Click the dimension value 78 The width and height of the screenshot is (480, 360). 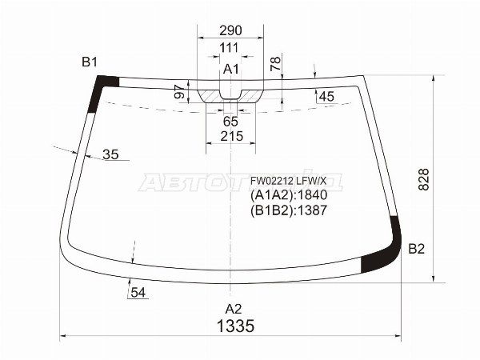[275, 65]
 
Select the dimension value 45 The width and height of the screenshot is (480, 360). [326, 97]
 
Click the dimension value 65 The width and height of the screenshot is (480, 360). [230, 122]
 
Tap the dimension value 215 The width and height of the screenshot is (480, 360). [230, 137]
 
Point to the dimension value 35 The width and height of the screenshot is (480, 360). [110, 154]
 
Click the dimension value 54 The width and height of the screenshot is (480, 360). [138, 293]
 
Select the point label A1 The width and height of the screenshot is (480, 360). [231, 70]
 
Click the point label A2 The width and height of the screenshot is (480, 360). [232, 309]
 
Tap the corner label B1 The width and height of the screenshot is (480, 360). [89, 62]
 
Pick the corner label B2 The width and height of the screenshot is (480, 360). [416, 250]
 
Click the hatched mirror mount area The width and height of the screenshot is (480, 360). [230, 94]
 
